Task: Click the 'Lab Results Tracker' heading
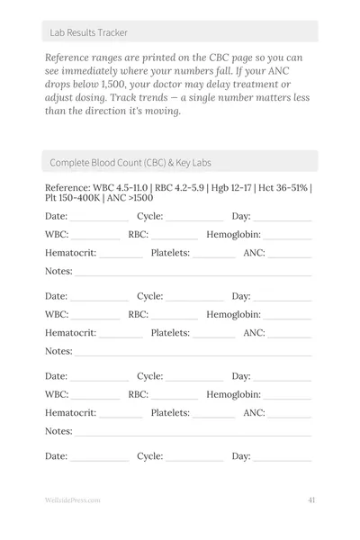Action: pos(89,32)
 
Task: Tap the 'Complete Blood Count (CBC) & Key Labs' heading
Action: pos(130,162)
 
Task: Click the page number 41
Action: pos(310,500)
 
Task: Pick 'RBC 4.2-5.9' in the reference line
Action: pos(179,187)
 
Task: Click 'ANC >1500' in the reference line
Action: pos(130,198)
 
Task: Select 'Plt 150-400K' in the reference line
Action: pos(72,198)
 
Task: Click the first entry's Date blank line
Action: pos(100,219)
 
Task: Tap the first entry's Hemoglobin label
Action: pos(233,235)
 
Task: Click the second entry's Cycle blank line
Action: pos(194,299)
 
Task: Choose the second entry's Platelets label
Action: pos(170,333)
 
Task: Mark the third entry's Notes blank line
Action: pos(193,434)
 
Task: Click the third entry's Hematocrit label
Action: pos(70,413)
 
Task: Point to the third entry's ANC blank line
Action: pos(291,416)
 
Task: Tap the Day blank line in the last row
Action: pos(283,459)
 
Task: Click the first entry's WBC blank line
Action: pos(96,238)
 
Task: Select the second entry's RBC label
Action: pos(138,315)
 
